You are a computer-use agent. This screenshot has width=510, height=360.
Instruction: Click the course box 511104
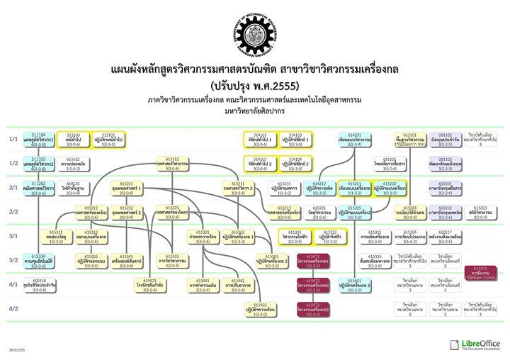pos(38,138)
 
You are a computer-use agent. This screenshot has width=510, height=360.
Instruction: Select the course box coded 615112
pos(172,163)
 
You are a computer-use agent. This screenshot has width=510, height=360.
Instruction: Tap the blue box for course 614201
pos(355,138)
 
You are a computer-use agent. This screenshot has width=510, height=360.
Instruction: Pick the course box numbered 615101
pos(410,138)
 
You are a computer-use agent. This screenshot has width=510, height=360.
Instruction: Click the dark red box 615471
pos(313,259)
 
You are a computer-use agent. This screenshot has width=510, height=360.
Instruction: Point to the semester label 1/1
pos(13,139)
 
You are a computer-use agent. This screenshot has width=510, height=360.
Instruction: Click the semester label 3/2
pos(13,260)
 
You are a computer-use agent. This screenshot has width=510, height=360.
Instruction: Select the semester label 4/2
pos(13,309)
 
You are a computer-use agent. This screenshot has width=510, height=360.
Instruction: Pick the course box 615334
pos(38,259)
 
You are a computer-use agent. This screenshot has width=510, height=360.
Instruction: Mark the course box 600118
pos(38,284)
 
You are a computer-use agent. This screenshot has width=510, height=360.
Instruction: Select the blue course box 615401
pos(355,284)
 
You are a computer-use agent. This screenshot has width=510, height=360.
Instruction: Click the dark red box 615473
pos(313,308)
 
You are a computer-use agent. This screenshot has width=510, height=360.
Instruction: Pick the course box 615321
pos(203,235)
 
